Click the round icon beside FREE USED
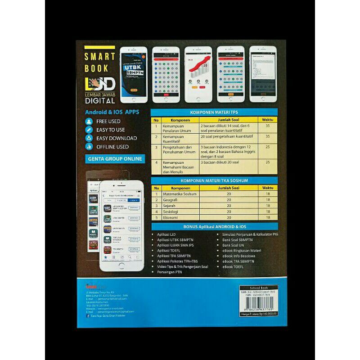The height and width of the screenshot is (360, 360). pos(89,121)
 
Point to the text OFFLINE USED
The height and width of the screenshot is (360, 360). pos(112,147)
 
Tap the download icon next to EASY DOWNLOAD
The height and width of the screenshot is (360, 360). pos(89,138)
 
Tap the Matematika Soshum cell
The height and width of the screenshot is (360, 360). pos(176,193)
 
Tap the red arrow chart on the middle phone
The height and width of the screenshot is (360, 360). pos(199,67)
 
